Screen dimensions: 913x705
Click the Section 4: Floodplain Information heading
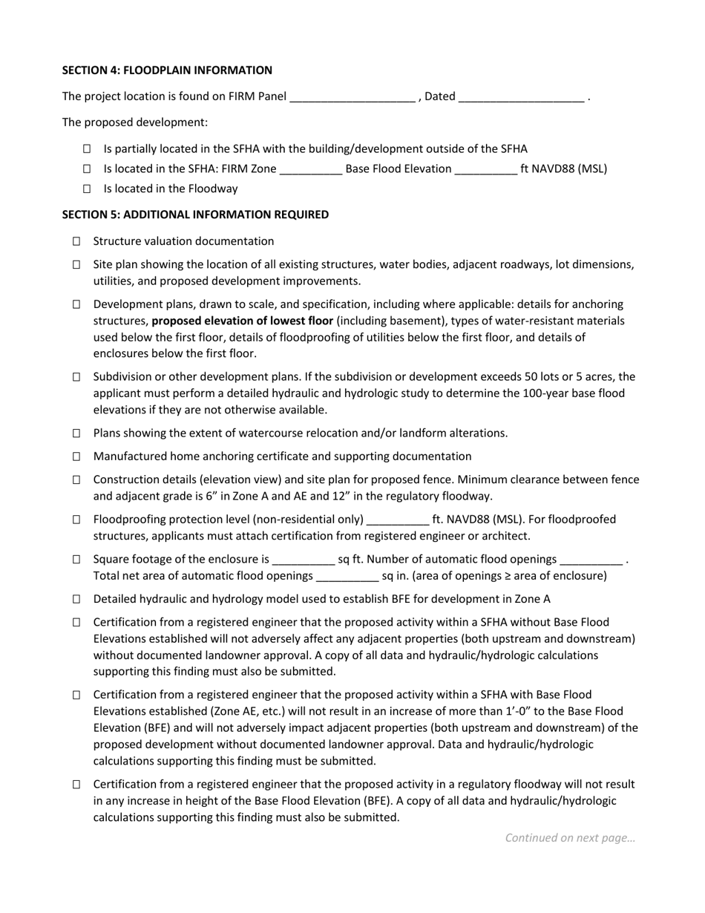167,71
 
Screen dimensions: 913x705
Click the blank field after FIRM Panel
352,97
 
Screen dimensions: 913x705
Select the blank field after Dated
521,97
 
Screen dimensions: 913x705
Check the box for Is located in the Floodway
87,189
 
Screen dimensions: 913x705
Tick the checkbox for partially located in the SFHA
87,149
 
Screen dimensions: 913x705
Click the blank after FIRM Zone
310,170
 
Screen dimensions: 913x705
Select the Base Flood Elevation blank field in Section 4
485,170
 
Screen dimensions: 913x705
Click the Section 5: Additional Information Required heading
195,215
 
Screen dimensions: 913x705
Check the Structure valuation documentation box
76,242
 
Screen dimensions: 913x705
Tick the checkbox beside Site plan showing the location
76,265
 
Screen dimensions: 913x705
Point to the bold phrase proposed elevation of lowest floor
242,321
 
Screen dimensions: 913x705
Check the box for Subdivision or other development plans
76,377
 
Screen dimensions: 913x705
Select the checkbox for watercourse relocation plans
76,433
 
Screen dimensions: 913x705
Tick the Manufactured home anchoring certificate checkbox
76,456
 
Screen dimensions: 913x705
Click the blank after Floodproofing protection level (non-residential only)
398,520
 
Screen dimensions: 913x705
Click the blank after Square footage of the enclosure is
304,560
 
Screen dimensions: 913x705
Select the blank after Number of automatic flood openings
591,560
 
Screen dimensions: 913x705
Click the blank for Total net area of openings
347,577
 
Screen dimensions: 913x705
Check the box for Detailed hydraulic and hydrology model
76,599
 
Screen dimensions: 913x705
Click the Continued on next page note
570,838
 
